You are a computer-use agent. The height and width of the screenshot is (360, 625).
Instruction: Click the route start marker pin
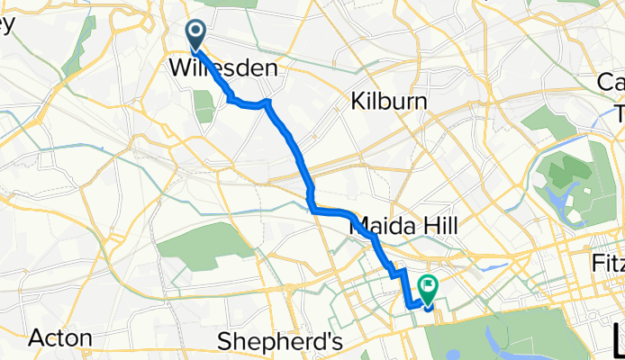196,34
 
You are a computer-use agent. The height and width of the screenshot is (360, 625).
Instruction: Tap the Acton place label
60,338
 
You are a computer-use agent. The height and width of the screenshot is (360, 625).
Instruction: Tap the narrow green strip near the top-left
85,36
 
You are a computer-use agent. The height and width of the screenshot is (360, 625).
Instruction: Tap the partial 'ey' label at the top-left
7,24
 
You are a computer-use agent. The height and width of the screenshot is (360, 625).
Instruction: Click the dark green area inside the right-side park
575,180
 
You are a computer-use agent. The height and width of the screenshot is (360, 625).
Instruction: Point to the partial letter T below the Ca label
620,112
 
